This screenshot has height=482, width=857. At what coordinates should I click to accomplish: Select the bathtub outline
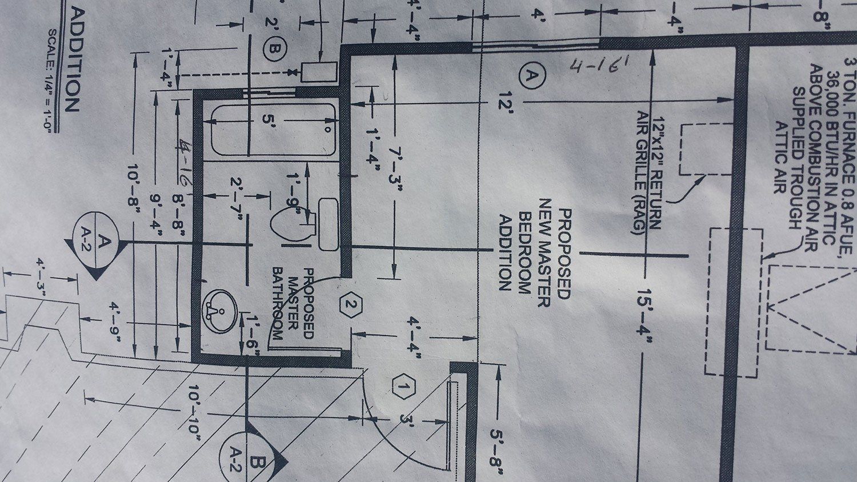tap(273, 130)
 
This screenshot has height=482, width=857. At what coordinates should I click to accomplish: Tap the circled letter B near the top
tap(273, 50)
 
